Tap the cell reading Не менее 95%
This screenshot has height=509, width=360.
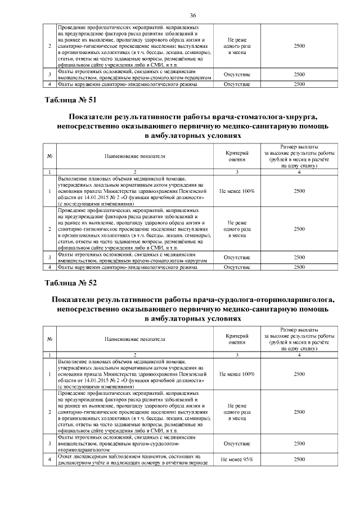click(x=237, y=460)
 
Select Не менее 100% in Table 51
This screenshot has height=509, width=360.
click(x=237, y=191)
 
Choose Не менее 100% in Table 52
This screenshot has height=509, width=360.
click(x=237, y=373)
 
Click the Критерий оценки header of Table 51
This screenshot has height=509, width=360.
click(x=237, y=156)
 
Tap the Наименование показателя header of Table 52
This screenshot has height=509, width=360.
click(x=134, y=339)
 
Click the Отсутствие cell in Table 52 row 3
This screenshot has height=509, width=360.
click(x=237, y=443)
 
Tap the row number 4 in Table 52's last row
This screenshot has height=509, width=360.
click(x=50, y=460)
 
